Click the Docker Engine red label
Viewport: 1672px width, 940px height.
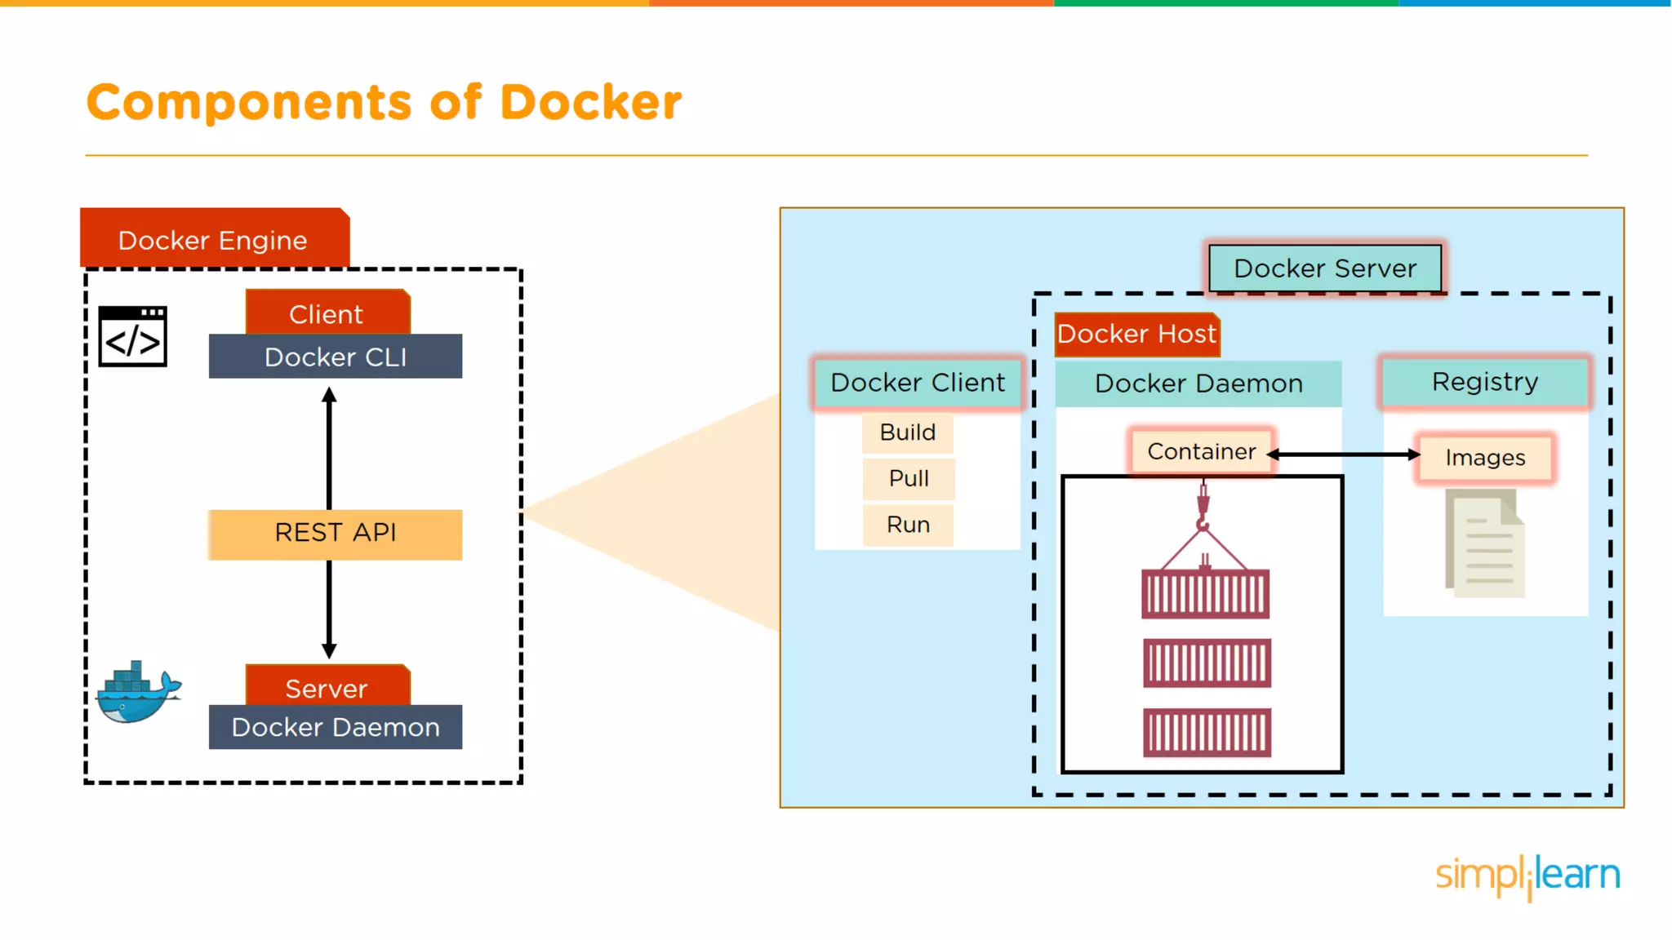[214, 239]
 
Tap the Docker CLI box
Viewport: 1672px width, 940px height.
[335, 357]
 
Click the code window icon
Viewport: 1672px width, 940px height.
[133, 336]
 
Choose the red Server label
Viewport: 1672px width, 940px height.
[327, 686]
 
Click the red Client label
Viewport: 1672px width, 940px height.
[327, 313]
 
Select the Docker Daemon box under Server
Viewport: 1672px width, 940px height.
[335, 727]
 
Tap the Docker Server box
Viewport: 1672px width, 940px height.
[1324, 268]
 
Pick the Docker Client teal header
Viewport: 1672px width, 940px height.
[918, 383]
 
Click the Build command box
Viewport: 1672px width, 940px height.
[908, 432]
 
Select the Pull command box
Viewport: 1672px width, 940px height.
[909, 479]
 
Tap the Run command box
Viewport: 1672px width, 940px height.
[909, 525]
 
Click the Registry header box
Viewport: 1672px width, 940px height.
[1484, 382]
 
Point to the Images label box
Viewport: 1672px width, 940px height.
[1485, 458]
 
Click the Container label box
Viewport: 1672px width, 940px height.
[1201, 451]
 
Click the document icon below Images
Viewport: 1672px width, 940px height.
[1484, 543]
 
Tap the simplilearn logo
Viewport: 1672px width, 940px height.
[1527, 876]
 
